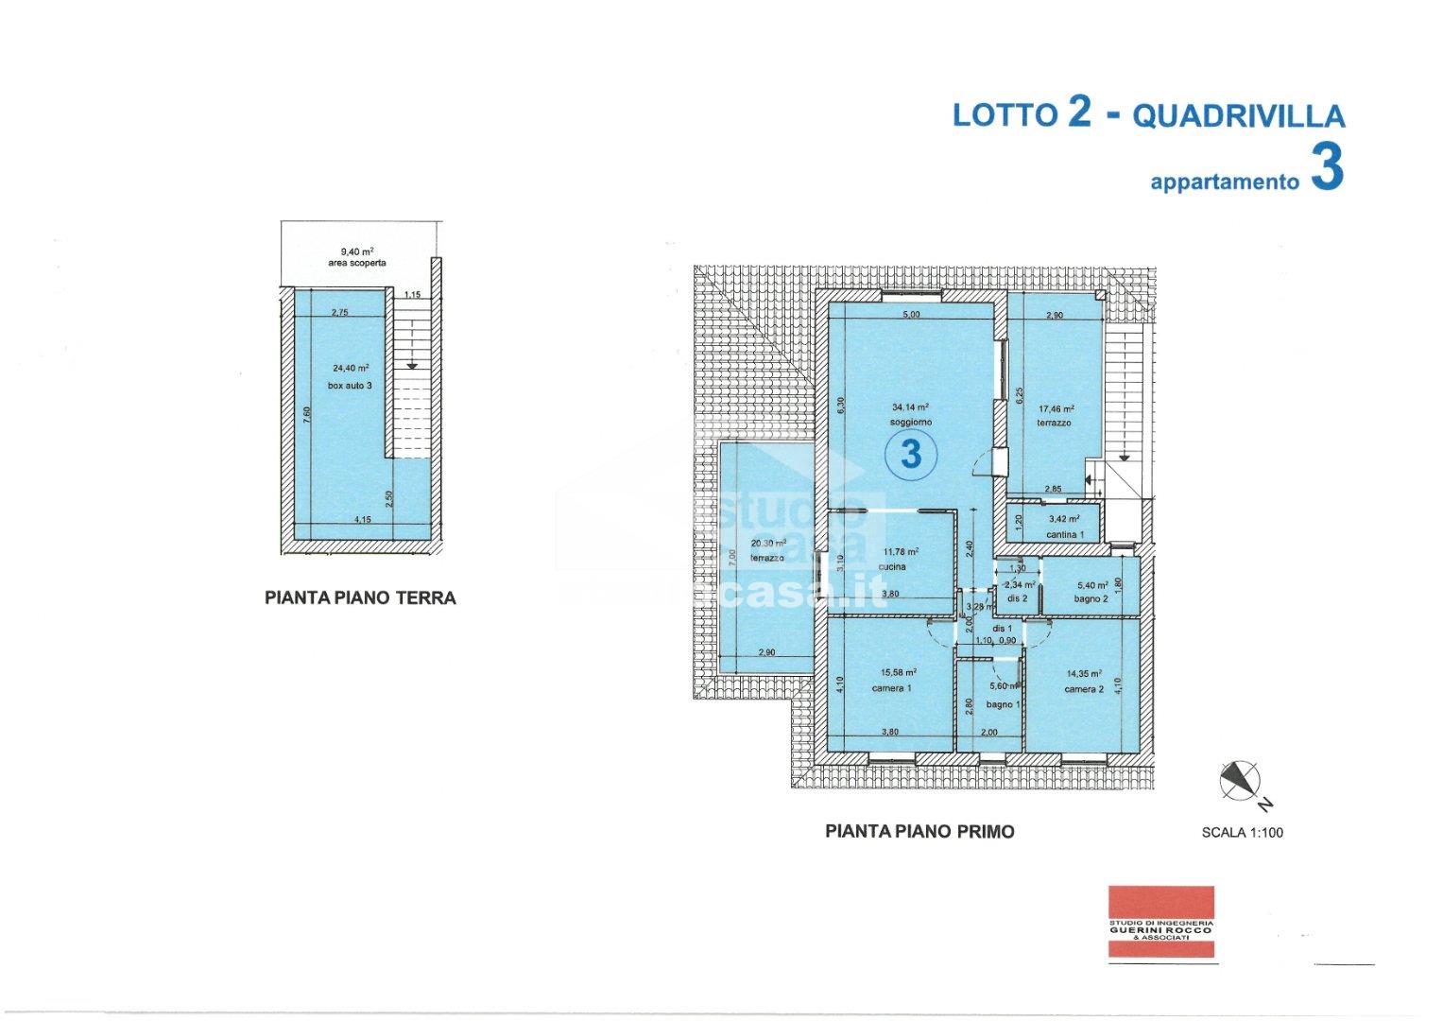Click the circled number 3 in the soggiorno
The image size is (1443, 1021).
pyautogui.click(x=911, y=454)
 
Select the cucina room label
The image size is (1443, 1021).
pyautogui.click(x=892, y=567)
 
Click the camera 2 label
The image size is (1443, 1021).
pyautogui.click(x=1084, y=690)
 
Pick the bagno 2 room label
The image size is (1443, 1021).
pyautogui.click(x=1090, y=599)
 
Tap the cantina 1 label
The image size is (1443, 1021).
pyautogui.click(x=1065, y=536)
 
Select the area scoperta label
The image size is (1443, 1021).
pyautogui.click(x=357, y=264)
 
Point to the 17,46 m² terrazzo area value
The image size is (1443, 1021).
pyautogui.click(x=1056, y=409)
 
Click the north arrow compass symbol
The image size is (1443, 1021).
pyautogui.click(x=1241, y=780)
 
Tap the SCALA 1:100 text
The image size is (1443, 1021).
pyautogui.click(x=1242, y=834)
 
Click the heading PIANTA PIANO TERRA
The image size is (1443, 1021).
pyautogui.click(x=360, y=597)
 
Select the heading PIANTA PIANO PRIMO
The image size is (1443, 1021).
pyautogui.click(x=919, y=832)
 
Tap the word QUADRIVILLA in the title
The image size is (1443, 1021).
pyautogui.click(x=1238, y=116)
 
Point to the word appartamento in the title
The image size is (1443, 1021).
pyautogui.click(x=1225, y=182)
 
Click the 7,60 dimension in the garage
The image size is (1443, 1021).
pyautogui.click(x=307, y=417)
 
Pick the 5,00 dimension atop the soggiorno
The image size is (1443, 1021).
pyautogui.click(x=911, y=314)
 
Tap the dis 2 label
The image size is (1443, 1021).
pyautogui.click(x=1017, y=599)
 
